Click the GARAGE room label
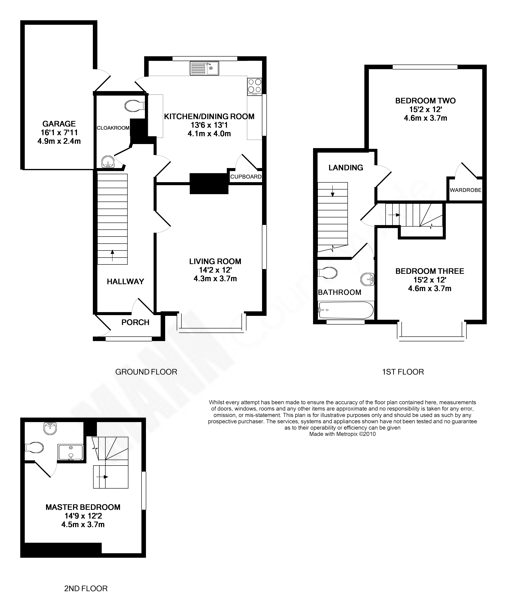59,124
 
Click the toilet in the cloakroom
134,106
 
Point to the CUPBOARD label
246,177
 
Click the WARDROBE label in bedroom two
465,190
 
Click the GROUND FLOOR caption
146,372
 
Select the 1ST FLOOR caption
403,372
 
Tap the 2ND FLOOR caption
86,588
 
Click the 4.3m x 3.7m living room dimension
215,279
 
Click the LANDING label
346,168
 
